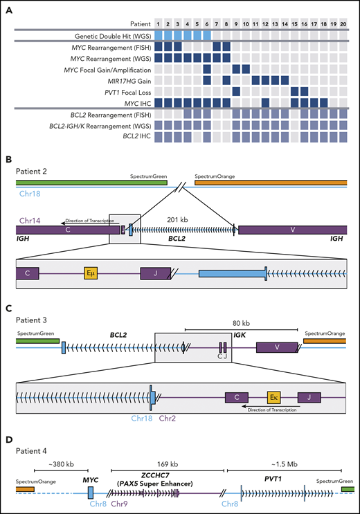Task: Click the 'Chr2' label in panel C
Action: pos(168,419)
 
